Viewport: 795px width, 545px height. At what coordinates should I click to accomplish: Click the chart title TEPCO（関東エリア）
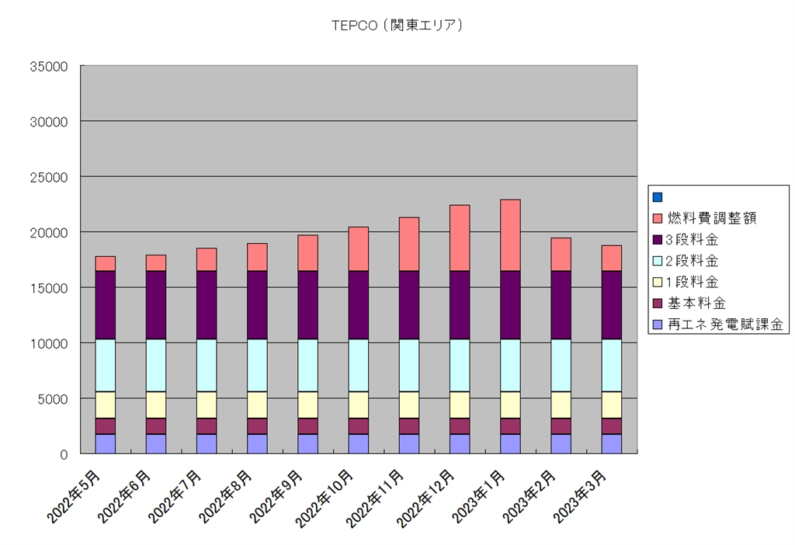tap(397, 26)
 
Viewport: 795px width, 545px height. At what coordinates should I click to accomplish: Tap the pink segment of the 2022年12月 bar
tap(460, 238)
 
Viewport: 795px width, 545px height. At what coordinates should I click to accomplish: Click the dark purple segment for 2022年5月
tap(105, 305)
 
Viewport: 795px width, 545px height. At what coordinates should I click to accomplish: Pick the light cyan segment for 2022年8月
tap(257, 365)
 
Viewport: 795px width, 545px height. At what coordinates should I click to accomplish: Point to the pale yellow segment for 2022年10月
tap(358, 404)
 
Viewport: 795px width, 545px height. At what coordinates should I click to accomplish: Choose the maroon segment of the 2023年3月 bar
tap(612, 425)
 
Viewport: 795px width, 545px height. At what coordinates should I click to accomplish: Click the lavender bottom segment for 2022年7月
tap(207, 443)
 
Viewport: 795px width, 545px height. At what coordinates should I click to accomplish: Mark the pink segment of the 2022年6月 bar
tap(155, 262)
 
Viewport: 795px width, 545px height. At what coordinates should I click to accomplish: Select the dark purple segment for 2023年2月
tap(561, 305)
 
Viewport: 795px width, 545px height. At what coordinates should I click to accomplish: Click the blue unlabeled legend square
tap(657, 197)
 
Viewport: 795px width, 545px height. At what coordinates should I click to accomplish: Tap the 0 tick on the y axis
tap(64, 454)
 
